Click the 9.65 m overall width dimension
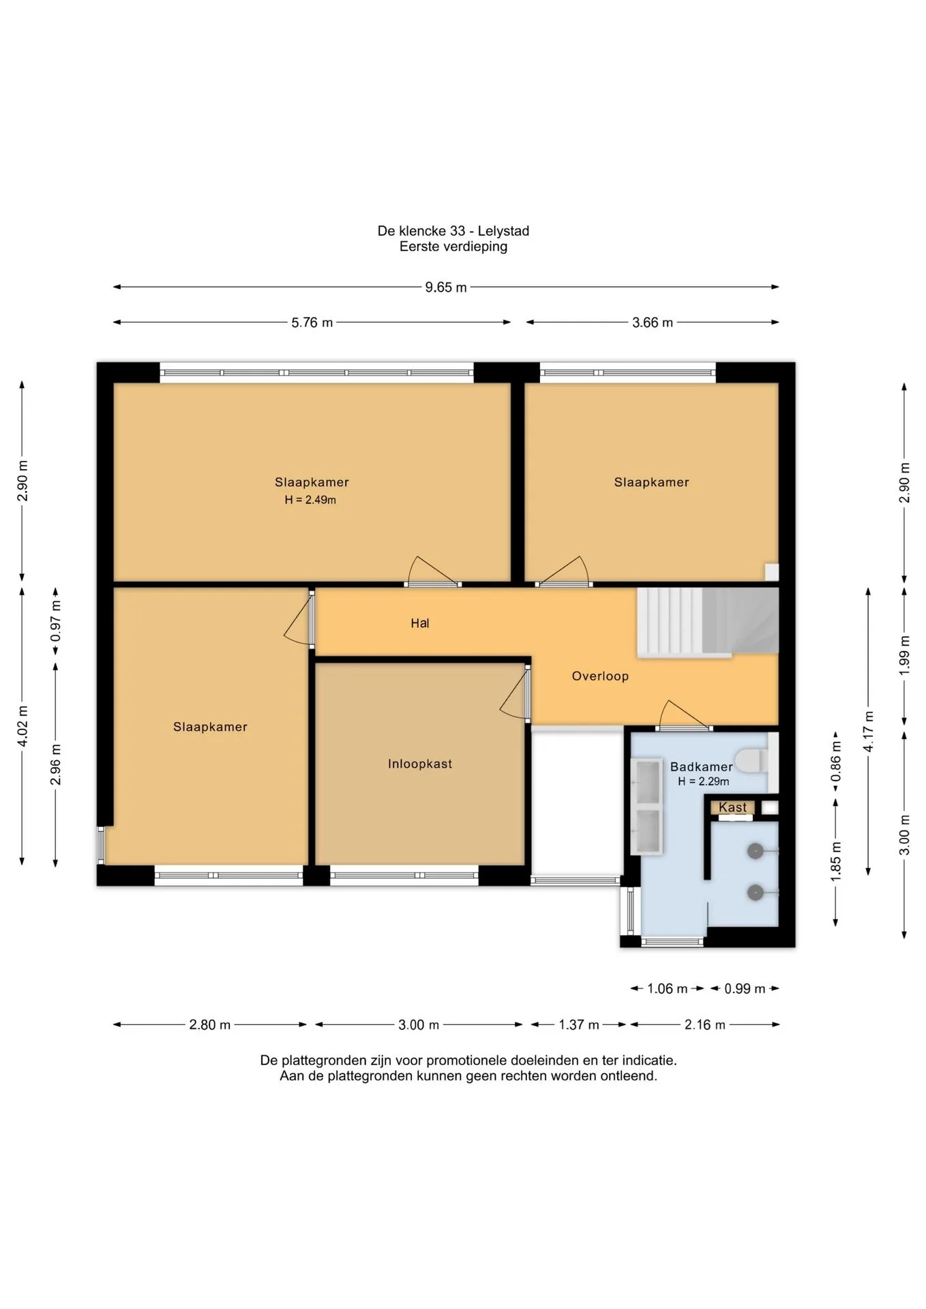[446, 288]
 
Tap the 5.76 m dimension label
[312, 322]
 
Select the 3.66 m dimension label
[653, 322]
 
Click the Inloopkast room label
[420, 764]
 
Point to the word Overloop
[600, 676]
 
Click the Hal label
[420, 623]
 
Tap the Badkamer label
[701, 767]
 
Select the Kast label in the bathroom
[733, 807]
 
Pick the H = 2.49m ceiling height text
[310, 500]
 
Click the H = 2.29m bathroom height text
[704, 782]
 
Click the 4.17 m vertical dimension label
[868, 732]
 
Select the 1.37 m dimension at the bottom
[579, 1025]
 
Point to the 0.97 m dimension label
[56, 621]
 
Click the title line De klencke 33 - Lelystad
[453, 231]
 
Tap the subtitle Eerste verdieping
[453, 247]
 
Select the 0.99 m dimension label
[745, 989]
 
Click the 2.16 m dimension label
[705, 1025]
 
